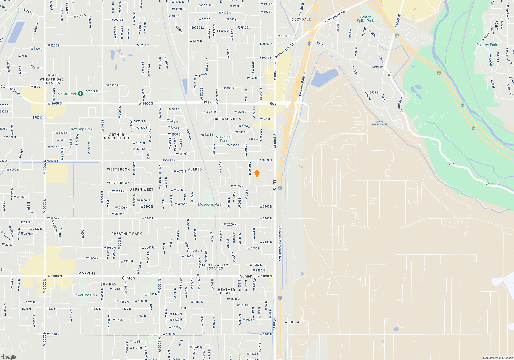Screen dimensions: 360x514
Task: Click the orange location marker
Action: click(257, 173)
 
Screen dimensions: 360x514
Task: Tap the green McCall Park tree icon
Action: click(80, 94)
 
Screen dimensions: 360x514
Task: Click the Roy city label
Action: click(273, 103)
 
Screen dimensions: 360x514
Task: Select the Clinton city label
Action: click(128, 278)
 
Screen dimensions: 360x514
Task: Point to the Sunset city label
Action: click(246, 276)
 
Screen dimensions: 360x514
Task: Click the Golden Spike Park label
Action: click(365, 19)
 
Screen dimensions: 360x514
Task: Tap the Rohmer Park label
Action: click(487, 45)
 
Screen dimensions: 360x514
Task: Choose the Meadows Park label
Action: click(210, 204)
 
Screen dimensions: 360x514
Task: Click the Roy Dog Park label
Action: click(81, 129)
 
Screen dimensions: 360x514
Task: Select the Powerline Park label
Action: click(85, 295)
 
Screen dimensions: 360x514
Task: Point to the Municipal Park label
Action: click(223, 139)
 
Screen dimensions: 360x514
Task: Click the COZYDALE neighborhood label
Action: click(301, 19)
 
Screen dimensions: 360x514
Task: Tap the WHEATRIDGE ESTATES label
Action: click(52, 81)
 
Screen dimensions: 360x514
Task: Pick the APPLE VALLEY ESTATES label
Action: click(215, 267)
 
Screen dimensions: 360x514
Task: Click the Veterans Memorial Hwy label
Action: click(280, 243)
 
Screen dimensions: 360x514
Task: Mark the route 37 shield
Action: click(198, 276)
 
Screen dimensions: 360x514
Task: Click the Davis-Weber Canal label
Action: click(379, 123)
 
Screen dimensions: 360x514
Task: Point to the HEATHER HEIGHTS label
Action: click(226, 291)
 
